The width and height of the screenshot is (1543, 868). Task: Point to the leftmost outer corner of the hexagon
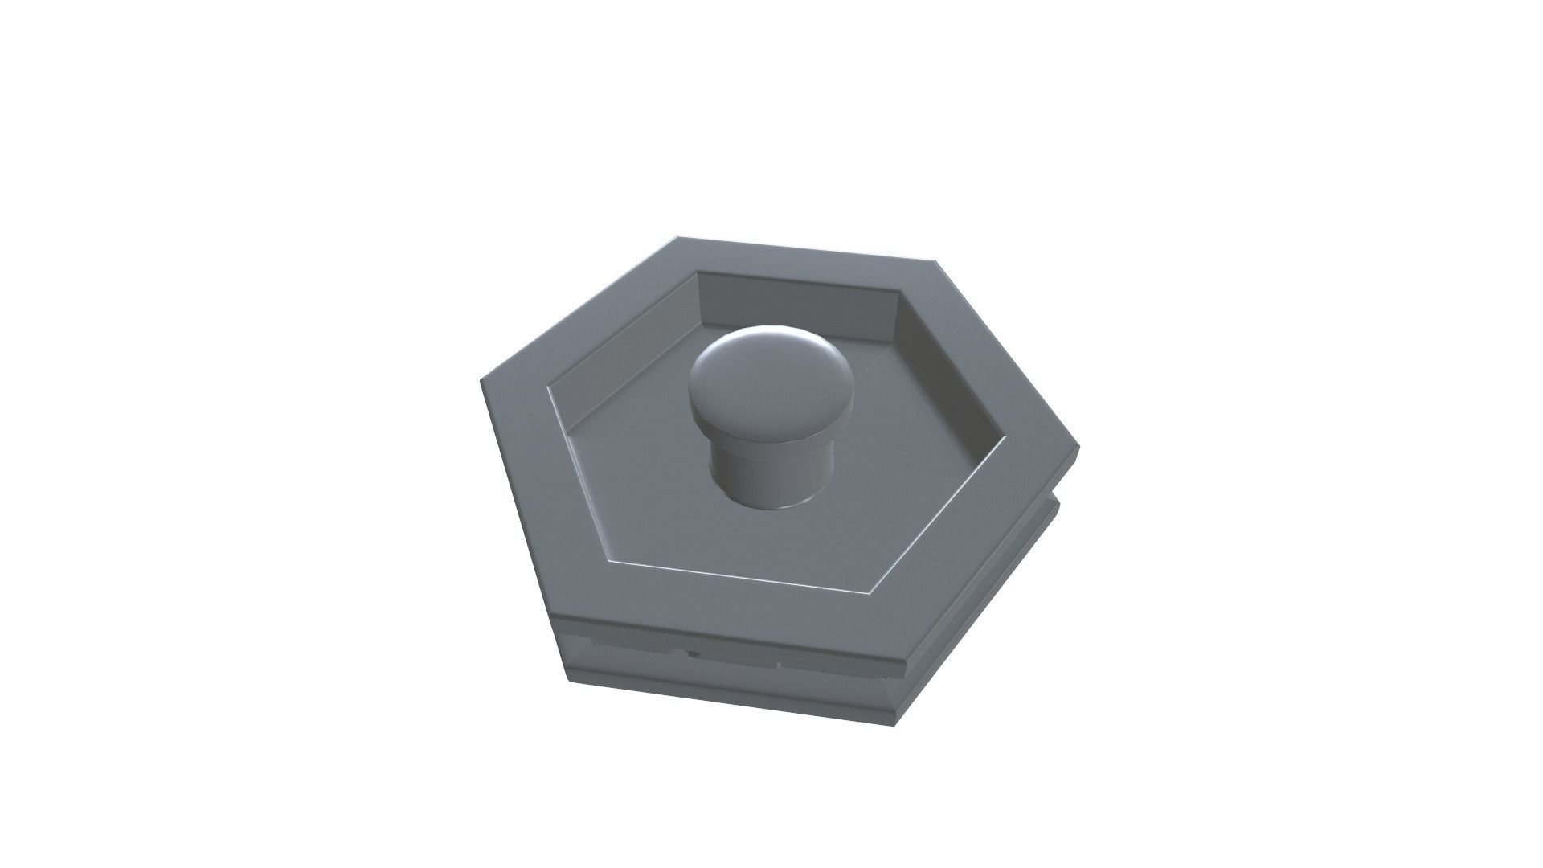point(482,379)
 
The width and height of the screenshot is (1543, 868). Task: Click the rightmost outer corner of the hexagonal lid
point(1078,447)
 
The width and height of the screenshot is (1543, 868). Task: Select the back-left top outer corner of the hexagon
point(677,237)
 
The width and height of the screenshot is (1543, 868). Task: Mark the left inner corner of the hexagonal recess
point(548,394)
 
